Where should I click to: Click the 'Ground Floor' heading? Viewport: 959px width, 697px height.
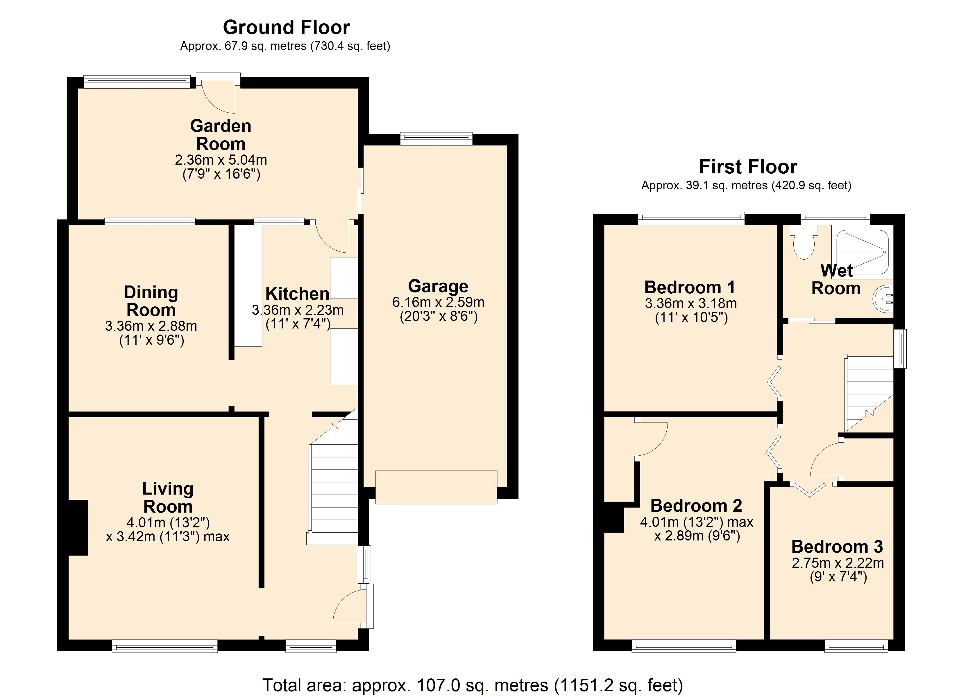click(x=286, y=28)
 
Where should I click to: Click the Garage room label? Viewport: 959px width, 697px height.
click(x=438, y=286)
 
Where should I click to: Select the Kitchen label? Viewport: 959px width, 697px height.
click(x=297, y=293)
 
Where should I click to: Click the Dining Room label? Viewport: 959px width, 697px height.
click(x=151, y=301)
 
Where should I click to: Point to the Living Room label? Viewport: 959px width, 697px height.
click(x=168, y=497)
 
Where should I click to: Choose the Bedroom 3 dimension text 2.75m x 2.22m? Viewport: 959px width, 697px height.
click(x=838, y=563)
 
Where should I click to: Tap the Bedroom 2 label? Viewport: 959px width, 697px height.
click(x=696, y=506)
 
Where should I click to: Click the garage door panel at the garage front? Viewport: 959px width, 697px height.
click(x=436, y=487)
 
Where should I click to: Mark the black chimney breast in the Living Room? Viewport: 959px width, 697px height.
click(x=78, y=527)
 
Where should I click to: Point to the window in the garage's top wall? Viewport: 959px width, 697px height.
click(x=436, y=138)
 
